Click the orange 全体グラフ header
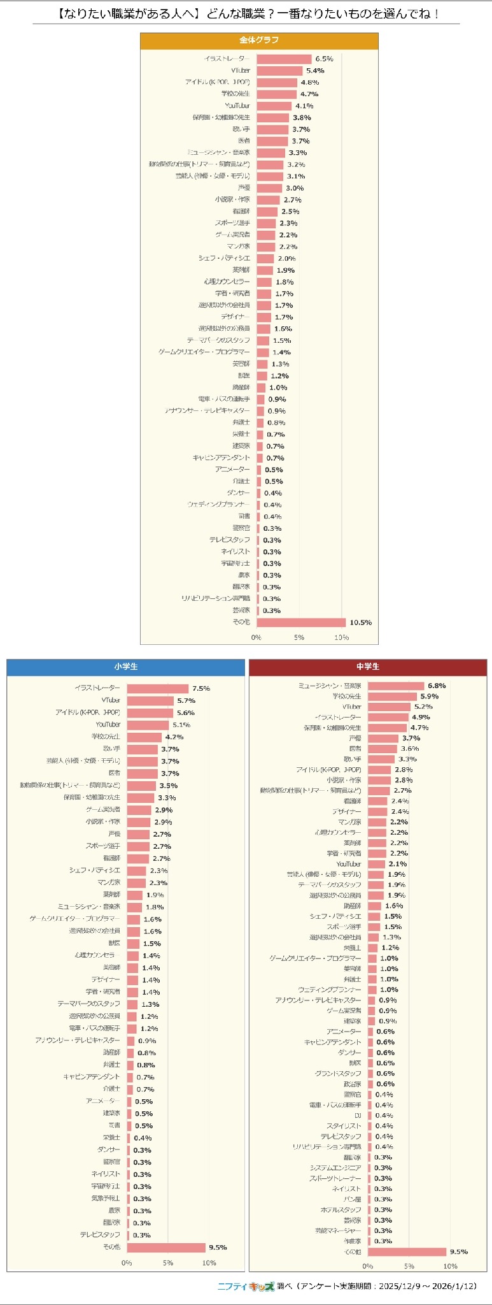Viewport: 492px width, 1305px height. point(259,40)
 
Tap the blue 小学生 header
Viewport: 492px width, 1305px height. point(125,667)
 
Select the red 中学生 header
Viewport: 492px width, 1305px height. point(367,667)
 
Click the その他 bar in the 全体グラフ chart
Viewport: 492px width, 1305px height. point(301,622)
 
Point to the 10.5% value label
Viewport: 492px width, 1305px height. point(360,623)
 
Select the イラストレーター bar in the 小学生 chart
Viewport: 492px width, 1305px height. point(157,688)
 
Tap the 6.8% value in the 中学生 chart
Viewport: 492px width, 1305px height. point(437,686)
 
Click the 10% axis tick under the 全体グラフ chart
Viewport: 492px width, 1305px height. point(341,637)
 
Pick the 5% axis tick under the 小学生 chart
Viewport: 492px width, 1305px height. point(167,1263)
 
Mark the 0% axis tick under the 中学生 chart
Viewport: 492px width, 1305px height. point(367,1266)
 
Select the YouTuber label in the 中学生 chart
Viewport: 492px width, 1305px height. point(349,864)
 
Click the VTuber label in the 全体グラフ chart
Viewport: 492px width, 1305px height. point(241,70)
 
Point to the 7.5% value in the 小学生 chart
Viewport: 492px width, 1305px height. point(201,688)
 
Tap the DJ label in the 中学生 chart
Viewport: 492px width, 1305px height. point(358,1116)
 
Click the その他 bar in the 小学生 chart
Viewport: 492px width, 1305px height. point(165,1247)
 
